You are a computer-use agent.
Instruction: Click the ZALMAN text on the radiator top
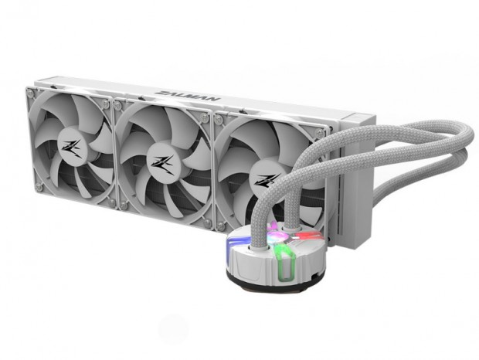(187, 96)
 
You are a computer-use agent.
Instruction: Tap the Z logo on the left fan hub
(72, 148)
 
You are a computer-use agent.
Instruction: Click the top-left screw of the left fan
(30, 93)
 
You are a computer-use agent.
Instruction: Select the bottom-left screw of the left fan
(39, 187)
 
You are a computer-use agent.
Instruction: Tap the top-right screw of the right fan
(319, 133)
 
